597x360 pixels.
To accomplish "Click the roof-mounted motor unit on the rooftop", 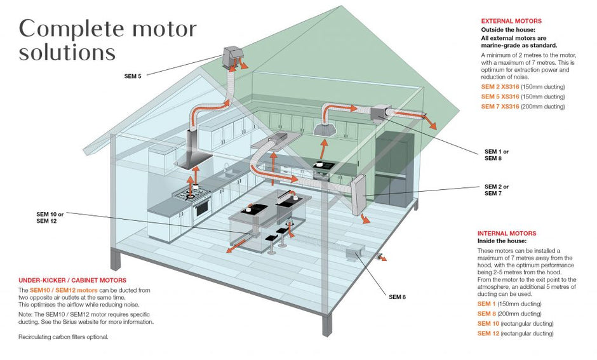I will [x=232, y=57].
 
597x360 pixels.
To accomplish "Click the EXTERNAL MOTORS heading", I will [x=511, y=21].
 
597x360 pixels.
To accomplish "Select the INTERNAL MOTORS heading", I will [x=507, y=233].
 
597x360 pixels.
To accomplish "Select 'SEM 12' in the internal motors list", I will [x=488, y=333].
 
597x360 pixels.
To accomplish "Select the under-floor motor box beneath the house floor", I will [x=355, y=254].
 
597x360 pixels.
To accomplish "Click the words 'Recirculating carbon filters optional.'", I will [x=64, y=337].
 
